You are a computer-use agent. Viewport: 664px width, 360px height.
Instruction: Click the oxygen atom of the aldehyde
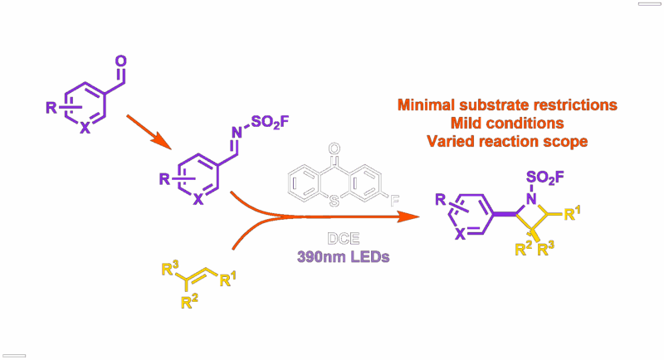pyautogui.click(x=121, y=61)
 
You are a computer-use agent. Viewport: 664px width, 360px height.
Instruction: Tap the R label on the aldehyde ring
pyautogui.click(x=51, y=106)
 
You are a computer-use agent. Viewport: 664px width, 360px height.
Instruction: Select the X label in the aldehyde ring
pyautogui.click(x=84, y=129)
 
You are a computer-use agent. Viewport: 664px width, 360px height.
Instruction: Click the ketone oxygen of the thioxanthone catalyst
pyautogui.click(x=334, y=150)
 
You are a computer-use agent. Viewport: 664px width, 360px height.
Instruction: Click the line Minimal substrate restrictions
pyautogui.click(x=507, y=105)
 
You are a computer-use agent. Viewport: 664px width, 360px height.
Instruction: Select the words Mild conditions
pyautogui.click(x=507, y=123)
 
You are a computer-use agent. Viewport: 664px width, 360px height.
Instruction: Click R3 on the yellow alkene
pyautogui.click(x=171, y=267)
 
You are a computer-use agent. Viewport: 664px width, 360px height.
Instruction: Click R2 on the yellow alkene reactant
pyautogui.click(x=188, y=302)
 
